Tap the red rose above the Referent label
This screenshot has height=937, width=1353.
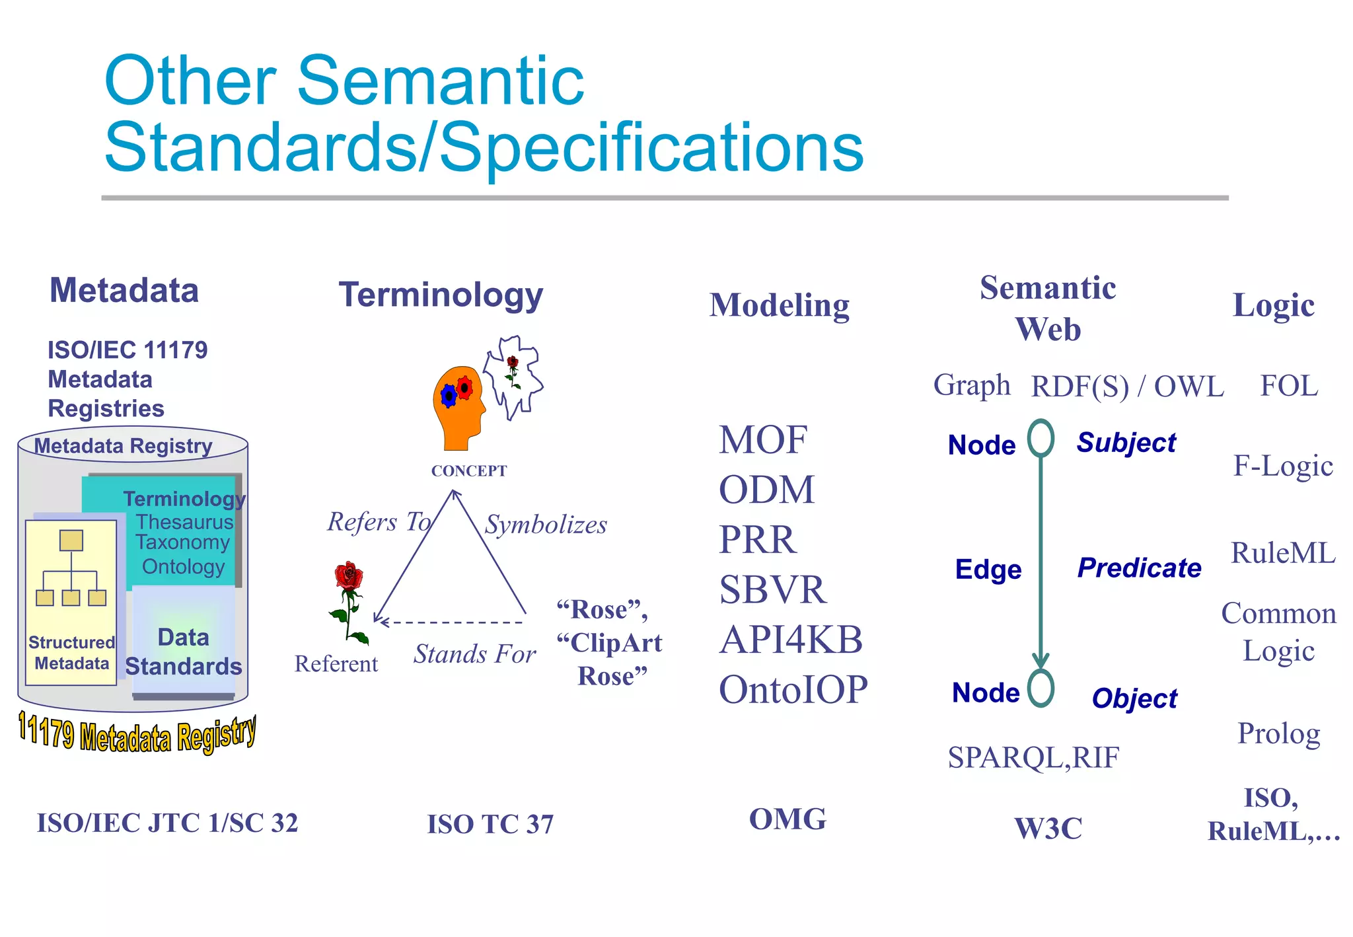(x=348, y=598)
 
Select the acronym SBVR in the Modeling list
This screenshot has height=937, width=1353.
(x=772, y=589)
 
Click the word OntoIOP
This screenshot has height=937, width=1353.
(x=793, y=690)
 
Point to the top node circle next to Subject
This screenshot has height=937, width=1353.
(x=1041, y=438)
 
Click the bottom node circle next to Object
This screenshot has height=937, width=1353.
(x=1041, y=689)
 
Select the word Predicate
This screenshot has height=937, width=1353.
(x=1139, y=568)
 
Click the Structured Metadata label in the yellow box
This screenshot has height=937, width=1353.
(x=71, y=653)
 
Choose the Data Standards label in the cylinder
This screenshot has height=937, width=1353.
(x=184, y=652)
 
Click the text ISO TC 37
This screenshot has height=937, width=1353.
(x=490, y=824)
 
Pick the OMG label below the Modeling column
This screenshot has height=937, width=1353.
(x=787, y=819)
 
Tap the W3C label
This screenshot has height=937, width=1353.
(x=1048, y=828)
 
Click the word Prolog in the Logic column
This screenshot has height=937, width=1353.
(x=1278, y=733)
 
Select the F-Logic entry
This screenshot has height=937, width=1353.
(x=1283, y=466)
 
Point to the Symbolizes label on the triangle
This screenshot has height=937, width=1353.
(x=546, y=525)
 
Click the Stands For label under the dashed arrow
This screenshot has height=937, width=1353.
(x=474, y=654)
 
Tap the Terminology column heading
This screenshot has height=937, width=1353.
(x=441, y=295)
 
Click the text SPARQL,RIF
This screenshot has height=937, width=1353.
(x=1033, y=757)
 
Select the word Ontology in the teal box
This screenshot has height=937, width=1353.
(x=184, y=567)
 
